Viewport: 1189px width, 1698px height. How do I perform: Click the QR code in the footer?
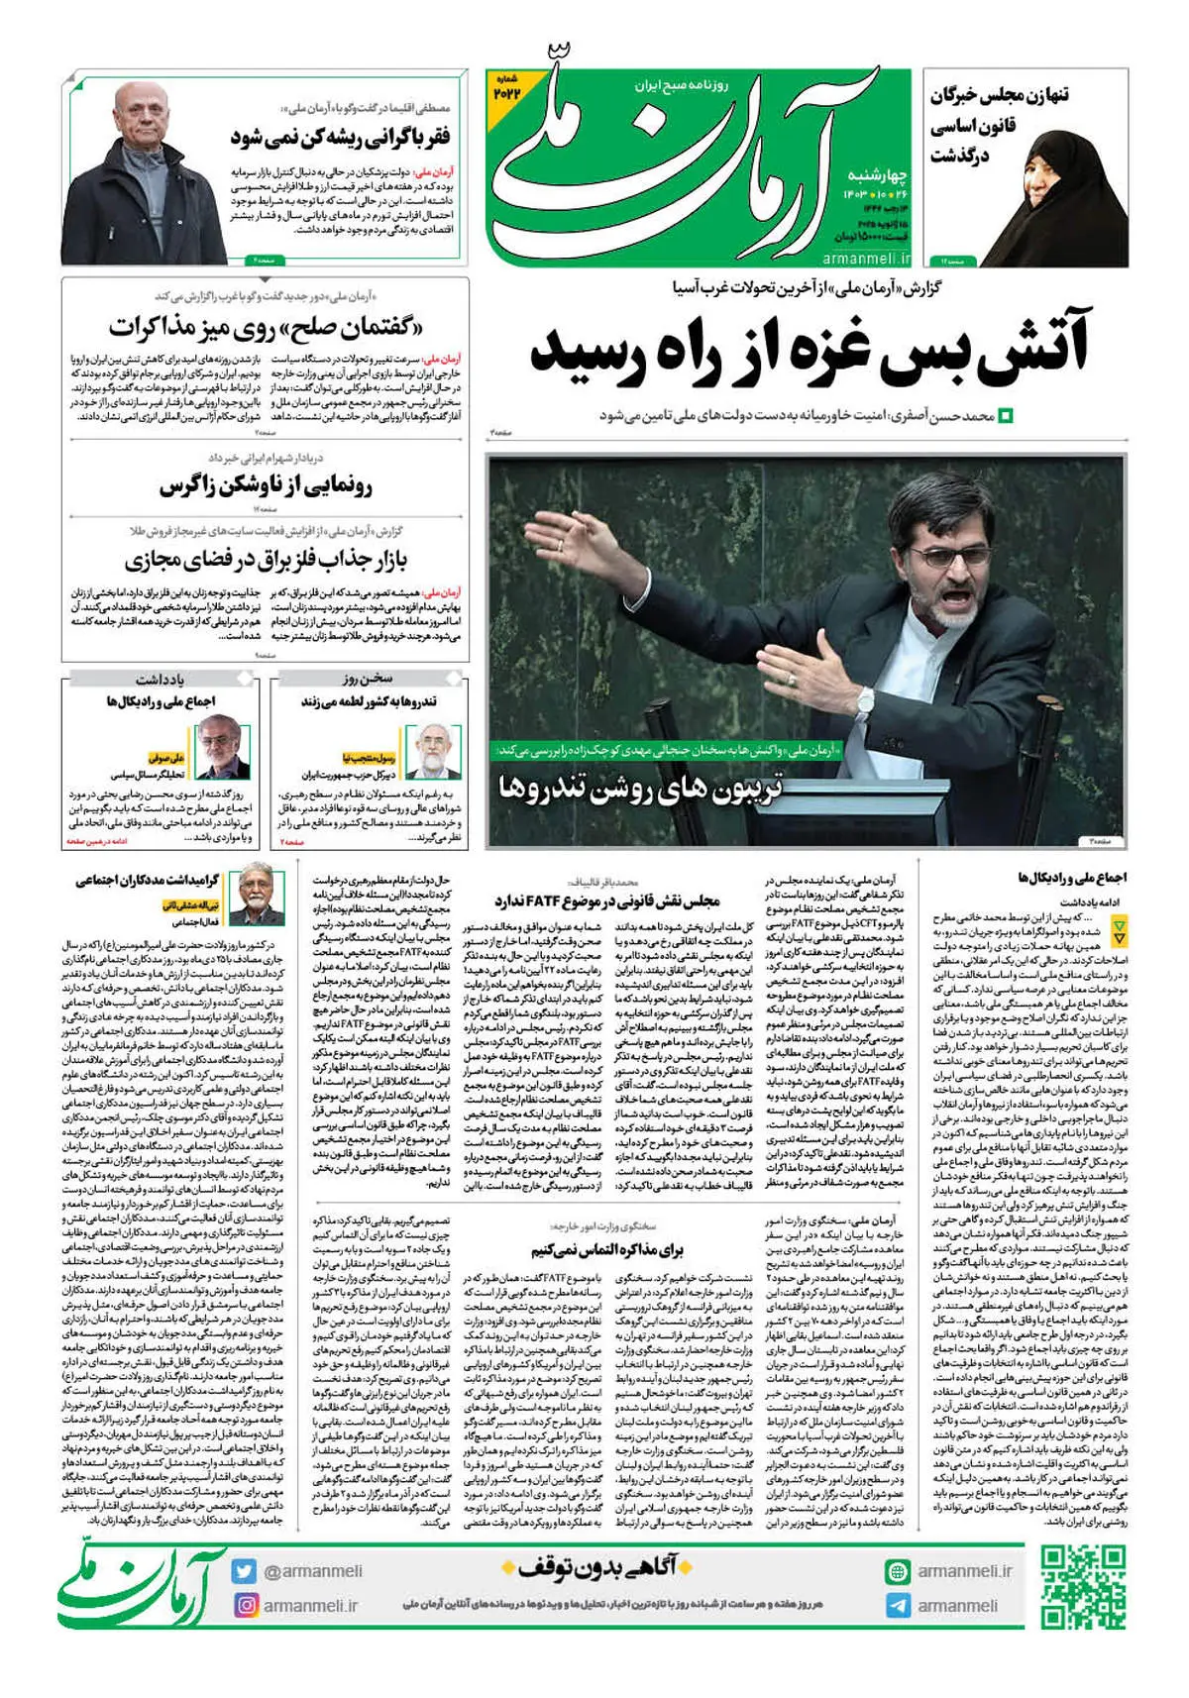pos(1083,1586)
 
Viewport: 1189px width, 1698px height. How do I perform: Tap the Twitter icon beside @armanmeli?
pos(245,1570)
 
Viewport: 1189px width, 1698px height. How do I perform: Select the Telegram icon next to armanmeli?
pos(898,1605)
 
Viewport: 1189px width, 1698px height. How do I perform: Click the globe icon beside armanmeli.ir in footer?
pos(898,1571)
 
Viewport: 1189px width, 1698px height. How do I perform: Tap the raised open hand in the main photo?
pos(583,536)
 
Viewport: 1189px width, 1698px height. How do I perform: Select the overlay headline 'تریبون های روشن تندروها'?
pos(640,789)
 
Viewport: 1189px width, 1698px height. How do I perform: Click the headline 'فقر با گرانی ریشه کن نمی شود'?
pos(340,137)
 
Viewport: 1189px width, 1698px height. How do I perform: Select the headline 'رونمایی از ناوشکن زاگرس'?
pos(266,486)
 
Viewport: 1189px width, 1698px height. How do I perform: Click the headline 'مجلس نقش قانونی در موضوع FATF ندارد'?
pos(606,901)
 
